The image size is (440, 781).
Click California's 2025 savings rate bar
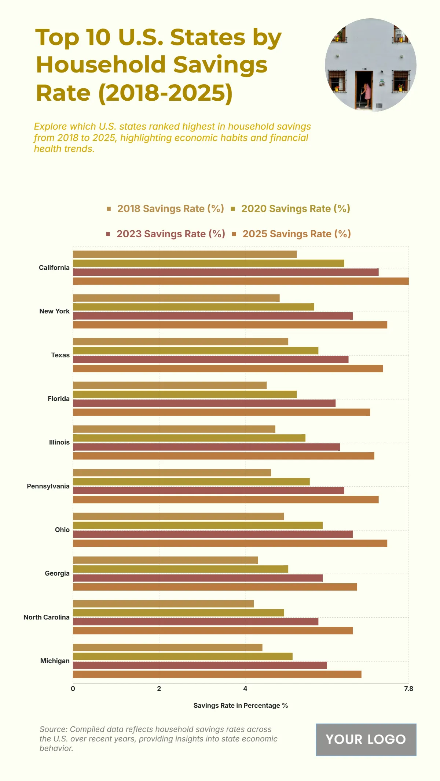pyautogui.click(x=241, y=281)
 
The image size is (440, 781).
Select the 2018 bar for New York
pyautogui.click(x=176, y=298)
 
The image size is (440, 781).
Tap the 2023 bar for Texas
pyautogui.click(x=210, y=360)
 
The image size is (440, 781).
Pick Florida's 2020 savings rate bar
pyautogui.click(x=185, y=394)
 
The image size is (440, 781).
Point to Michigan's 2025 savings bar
pyautogui.click(x=217, y=674)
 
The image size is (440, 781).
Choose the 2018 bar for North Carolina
pyautogui.click(x=163, y=604)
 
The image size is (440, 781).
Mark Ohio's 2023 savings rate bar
pyautogui.click(x=213, y=534)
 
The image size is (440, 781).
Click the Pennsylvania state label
pyautogui.click(x=48, y=486)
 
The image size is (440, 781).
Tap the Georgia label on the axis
pyautogui.click(x=57, y=573)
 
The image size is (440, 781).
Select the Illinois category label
pyautogui.click(x=59, y=442)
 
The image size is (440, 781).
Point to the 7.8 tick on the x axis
pyautogui.click(x=408, y=689)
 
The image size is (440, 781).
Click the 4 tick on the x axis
pyautogui.click(x=245, y=689)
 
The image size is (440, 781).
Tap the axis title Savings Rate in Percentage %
pyautogui.click(x=241, y=706)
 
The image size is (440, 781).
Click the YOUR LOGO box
pyautogui.click(x=366, y=740)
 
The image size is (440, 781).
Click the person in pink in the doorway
pyautogui.click(x=366, y=94)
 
